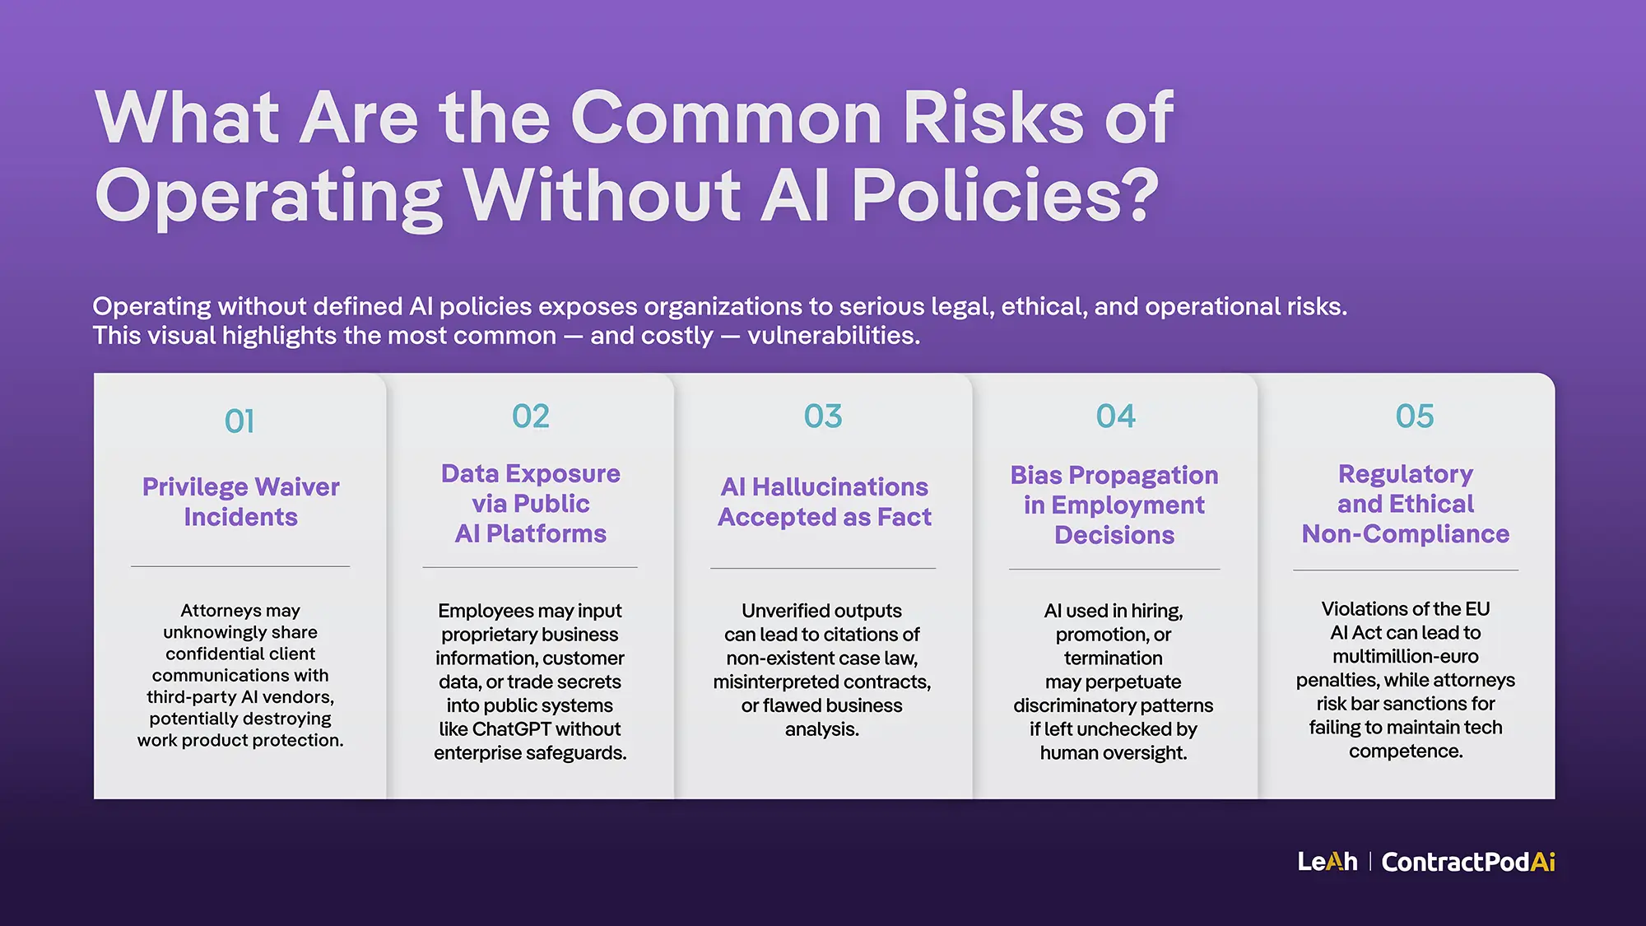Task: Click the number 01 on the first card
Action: (x=239, y=421)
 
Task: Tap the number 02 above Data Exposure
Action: (x=531, y=416)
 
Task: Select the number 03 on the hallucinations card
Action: (x=823, y=416)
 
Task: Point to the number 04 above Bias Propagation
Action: (x=1115, y=416)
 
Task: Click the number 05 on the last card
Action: (x=1414, y=416)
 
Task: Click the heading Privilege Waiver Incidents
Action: (x=240, y=501)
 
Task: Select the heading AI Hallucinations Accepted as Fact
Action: (x=824, y=501)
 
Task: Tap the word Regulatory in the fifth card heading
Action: (x=1405, y=474)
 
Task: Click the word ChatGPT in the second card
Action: (x=512, y=729)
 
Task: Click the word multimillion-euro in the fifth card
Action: (x=1405, y=657)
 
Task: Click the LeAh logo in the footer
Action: (x=1327, y=862)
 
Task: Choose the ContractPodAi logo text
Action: (x=1468, y=862)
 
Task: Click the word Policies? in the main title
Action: (x=1005, y=196)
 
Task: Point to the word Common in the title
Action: (x=727, y=118)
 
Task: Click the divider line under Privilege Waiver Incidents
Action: (x=240, y=566)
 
